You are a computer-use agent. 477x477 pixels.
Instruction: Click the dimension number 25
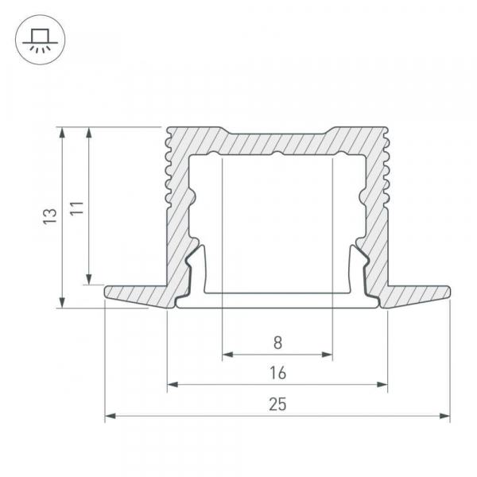pos(277,405)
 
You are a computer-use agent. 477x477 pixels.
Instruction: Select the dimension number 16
pos(277,373)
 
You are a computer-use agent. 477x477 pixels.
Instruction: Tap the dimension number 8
pos(277,343)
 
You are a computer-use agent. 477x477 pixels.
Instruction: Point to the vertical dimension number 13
pos(50,216)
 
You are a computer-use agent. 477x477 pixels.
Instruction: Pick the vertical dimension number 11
pos(76,208)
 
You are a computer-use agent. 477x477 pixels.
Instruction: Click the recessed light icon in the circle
pos(41,40)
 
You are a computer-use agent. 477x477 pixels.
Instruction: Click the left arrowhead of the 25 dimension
pos(111,416)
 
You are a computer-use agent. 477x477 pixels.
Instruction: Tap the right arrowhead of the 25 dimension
pos(444,416)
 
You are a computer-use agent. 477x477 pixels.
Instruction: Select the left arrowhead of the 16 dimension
pos(173,385)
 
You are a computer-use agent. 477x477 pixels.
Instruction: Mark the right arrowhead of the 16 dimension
pos(382,385)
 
